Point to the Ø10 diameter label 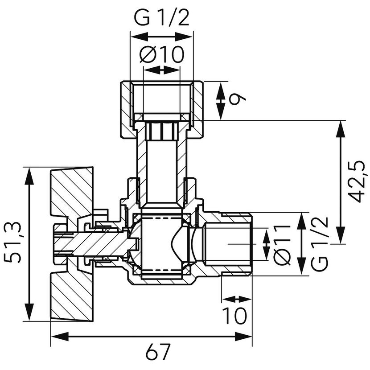coord(161,55)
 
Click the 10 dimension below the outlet coord(235,316)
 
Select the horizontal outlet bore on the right coord(227,243)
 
